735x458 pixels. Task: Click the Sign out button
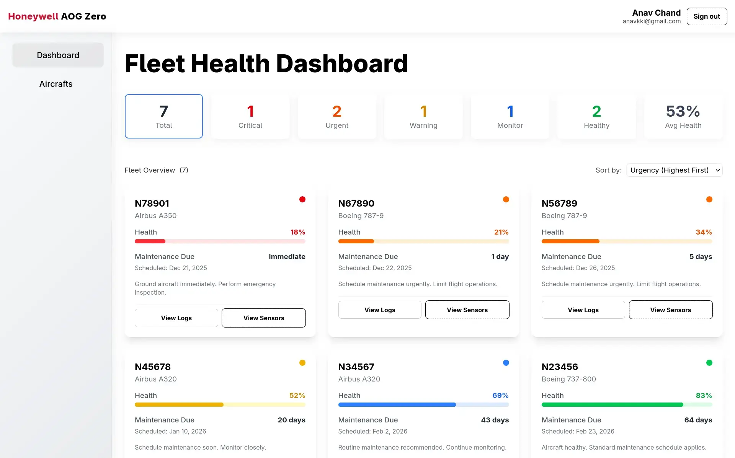pyautogui.click(x=707, y=16)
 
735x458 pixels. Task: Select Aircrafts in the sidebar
pyautogui.click(x=56, y=84)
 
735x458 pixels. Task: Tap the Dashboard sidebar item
pyautogui.click(x=58, y=55)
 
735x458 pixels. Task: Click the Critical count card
pyautogui.click(x=250, y=116)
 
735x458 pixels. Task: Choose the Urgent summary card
pyautogui.click(x=337, y=116)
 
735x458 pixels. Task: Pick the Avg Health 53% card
pyautogui.click(x=683, y=116)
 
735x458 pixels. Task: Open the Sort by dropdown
pyautogui.click(x=674, y=170)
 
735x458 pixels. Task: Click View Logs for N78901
pyautogui.click(x=176, y=318)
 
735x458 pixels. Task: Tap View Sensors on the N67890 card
pyautogui.click(x=467, y=310)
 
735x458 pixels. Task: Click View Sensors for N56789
pyautogui.click(x=671, y=310)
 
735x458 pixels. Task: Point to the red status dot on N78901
pyautogui.click(x=302, y=199)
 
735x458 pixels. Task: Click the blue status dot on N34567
pyautogui.click(x=506, y=363)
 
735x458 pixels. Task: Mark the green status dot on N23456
pyautogui.click(x=709, y=363)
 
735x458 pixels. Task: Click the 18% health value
pyautogui.click(x=298, y=232)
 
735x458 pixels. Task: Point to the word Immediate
pyautogui.click(x=287, y=257)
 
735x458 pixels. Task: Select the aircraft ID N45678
pyautogui.click(x=153, y=367)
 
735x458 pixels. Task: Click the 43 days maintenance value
pyautogui.click(x=495, y=420)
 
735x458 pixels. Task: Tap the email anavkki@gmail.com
pyautogui.click(x=652, y=21)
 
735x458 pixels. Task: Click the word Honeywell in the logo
pyautogui.click(x=33, y=16)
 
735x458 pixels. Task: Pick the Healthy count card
pyautogui.click(x=596, y=116)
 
